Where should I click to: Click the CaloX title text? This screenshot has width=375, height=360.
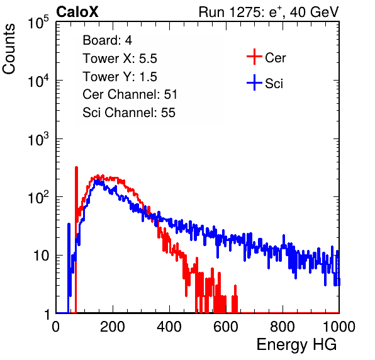point(77,12)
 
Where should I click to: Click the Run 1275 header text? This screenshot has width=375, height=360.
point(269,12)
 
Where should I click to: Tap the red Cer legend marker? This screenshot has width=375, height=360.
point(254,57)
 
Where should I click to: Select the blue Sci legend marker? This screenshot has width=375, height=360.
point(254,82)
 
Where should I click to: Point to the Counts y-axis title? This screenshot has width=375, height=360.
point(9,49)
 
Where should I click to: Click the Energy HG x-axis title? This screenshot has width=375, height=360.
point(296,344)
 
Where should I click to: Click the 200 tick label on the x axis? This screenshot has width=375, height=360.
point(113,326)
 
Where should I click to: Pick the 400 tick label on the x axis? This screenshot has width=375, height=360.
point(169,326)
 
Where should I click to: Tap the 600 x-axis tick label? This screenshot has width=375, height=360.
point(226,326)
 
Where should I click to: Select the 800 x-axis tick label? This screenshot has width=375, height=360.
point(283,326)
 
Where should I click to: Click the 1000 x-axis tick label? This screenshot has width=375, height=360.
point(339,326)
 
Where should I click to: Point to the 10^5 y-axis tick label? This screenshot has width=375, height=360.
point(38,22)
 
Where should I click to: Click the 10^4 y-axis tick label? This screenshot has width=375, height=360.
point(38,81)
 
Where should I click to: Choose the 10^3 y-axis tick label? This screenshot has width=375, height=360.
point(38,138)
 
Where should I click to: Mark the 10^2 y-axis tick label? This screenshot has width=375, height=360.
point(38,197)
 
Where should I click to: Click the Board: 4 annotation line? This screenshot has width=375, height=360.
point(108,40)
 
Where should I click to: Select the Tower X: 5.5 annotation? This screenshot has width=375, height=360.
point(120,59)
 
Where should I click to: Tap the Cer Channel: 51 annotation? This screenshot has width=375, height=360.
point(130,94)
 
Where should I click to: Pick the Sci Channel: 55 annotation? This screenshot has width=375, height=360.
point(129,113)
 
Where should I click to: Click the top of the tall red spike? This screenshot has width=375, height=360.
point(76,167)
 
